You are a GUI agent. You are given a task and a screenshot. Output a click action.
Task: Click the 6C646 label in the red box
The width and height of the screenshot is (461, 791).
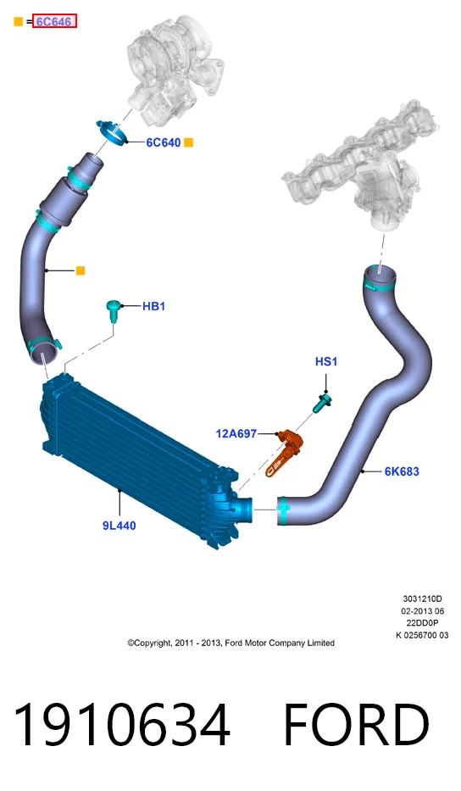54,21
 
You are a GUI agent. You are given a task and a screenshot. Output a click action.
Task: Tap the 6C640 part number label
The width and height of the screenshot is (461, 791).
163,142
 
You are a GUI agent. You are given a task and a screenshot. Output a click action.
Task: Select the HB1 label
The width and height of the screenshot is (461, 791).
154,306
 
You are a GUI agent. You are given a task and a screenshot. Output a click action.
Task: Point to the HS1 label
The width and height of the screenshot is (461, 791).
326,362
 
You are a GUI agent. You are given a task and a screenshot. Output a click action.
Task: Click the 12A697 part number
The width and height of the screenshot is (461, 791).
236,433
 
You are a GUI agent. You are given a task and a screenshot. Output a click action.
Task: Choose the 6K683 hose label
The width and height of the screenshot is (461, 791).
402,471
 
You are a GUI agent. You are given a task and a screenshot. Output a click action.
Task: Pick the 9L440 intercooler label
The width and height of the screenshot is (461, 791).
119,526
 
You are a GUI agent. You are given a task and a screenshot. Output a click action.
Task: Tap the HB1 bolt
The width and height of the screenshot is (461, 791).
114,310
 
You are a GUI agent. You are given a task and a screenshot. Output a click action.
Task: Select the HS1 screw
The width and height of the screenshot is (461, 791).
322,404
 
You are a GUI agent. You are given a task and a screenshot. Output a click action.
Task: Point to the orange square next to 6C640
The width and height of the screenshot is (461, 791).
188,142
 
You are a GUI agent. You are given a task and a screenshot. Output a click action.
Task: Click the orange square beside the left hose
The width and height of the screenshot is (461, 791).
81,271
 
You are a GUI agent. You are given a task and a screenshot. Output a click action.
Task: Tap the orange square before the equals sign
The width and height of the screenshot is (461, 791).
18,21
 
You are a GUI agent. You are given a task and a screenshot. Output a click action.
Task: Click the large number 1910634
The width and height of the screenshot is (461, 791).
121,725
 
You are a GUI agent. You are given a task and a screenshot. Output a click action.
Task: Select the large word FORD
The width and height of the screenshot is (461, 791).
357,725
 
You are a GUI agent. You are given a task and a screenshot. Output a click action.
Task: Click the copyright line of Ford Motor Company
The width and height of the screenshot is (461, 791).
231,643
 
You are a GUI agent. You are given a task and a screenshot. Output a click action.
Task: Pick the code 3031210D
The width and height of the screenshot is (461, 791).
422,599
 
